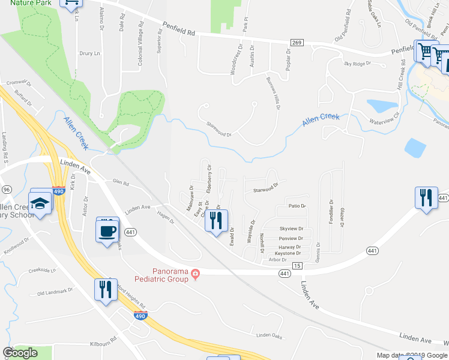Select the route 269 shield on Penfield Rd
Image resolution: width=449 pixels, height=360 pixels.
[x=296, y=42]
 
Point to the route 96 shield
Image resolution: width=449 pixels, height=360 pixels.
[x=7, y=189]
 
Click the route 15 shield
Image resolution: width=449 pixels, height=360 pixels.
[x=297, y=265]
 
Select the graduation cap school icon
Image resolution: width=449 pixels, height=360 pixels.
[x=40, y=203]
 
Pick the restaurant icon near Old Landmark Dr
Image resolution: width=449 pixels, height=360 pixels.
[x=104, y=289]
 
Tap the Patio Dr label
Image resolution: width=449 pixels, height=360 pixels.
[x=297, y=206]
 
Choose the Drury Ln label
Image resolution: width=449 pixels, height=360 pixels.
[x=89, y=53]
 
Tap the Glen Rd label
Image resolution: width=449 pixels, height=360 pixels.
[x=121, y=183]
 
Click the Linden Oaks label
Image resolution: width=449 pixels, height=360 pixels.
[x=268, y=335]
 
